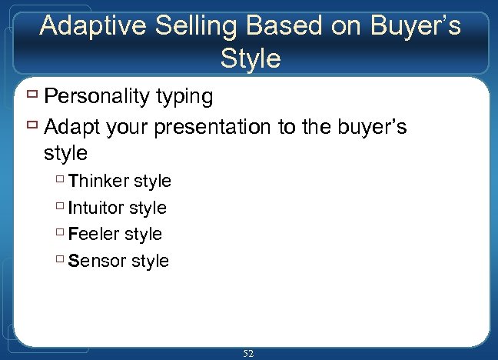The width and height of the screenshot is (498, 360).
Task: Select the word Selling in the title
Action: pos(188,26)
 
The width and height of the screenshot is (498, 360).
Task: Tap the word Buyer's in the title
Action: pos(413,26)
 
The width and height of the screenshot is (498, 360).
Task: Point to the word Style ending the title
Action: pos(250,58)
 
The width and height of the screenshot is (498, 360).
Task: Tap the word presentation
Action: pos(217,126)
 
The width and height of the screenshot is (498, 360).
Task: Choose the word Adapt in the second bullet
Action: pos(71,126)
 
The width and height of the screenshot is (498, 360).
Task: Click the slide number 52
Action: pos(248,353)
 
